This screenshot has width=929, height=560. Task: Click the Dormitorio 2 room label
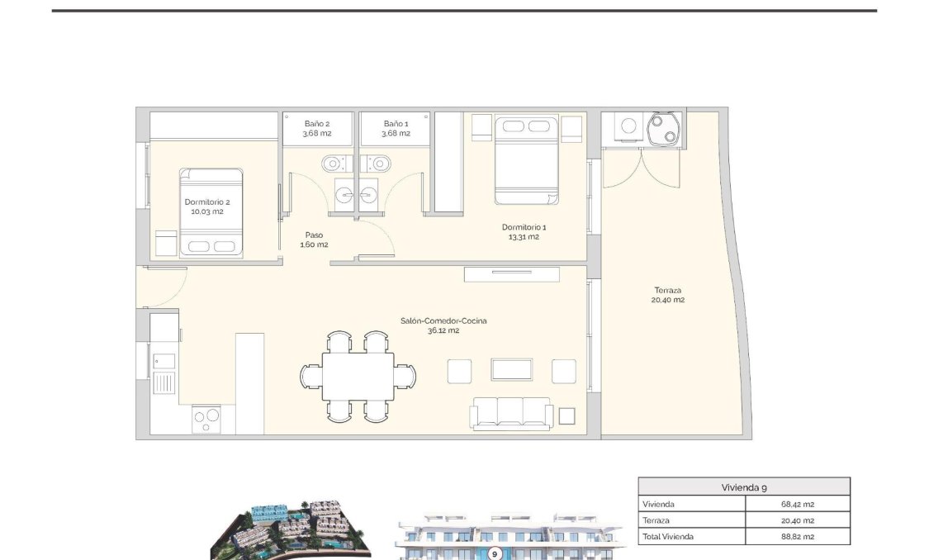tap(206, 206)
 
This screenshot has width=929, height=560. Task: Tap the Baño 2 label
tap(316, 128)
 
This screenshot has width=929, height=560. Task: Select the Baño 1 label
tap(395, 128)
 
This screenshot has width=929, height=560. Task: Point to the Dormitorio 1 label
tap(524, 231)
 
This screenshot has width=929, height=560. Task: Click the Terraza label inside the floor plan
tap(668, 295)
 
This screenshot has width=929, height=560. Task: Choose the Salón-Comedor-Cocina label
tap(443, 325)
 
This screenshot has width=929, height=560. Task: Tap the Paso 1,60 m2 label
tap(313, 240)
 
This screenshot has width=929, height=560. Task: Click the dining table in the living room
tap(358, 377)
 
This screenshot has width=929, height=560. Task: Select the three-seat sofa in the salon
tap(511, 413)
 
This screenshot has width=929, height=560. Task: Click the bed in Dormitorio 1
tap(526, 161)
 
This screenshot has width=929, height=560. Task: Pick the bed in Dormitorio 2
tap(211, 213)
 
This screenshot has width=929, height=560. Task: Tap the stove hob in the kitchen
tap(206, 420)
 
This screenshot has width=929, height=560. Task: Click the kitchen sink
tap(164, 382)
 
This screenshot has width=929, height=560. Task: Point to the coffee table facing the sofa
tap(511, 369)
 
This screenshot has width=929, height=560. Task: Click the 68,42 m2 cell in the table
tap(797, 504)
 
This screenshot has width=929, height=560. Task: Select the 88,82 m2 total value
tap(797, 536)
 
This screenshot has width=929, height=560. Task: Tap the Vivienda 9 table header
tap(743, 486)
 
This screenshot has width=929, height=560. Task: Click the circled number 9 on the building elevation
tap(495, 554)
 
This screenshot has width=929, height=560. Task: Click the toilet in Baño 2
tap(331, 161)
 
